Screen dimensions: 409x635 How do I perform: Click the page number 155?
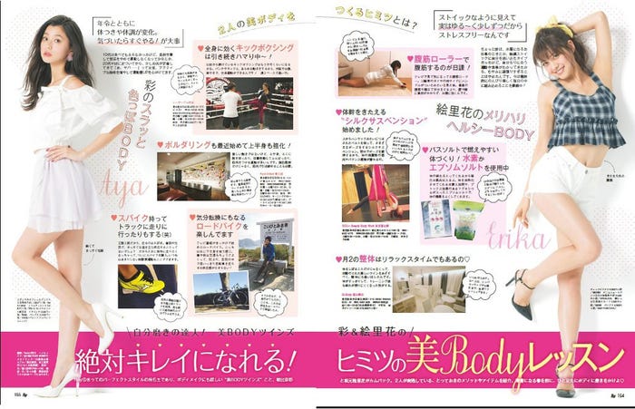pyautogui.click(x=16, y=396)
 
